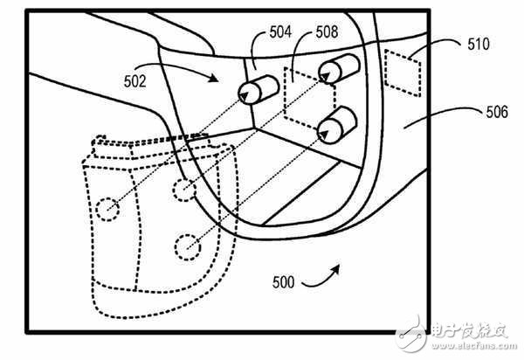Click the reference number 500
283,282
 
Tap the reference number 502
135,81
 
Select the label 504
280,32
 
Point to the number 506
497,112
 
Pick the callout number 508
327,32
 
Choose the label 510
479,44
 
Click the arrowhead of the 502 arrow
213,78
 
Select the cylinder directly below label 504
258,90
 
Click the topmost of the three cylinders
339,69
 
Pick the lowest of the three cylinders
337,125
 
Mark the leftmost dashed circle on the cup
107,209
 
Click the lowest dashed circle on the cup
188,247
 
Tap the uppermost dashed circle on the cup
184,190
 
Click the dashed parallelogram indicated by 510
403,73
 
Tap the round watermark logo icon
411,334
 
